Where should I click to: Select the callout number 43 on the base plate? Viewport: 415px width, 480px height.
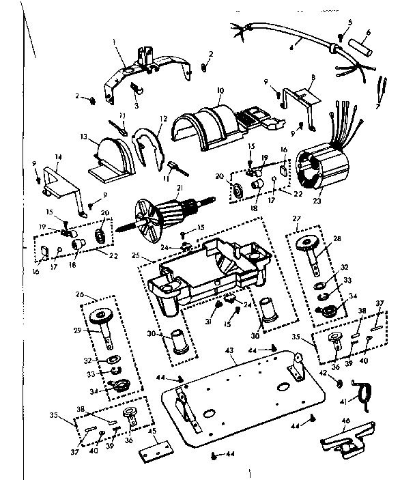pyautogui.click(x=229, y=350)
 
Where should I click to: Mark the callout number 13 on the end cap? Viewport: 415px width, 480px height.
pyautogui.click(x=85, y=137)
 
